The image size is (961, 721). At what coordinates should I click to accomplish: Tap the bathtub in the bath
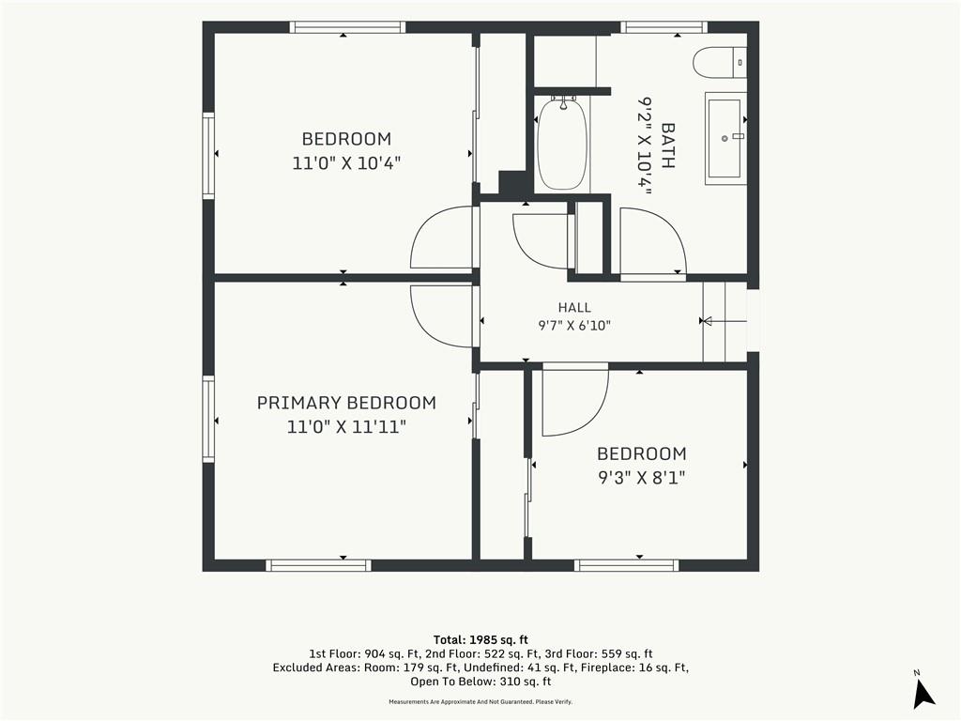click(x=561, y=145)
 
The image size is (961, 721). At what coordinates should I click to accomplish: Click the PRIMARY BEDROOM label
click(x=346, y=403)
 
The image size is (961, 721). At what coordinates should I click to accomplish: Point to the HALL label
click(x=574, y=308)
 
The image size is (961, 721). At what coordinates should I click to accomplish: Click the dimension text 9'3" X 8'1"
click(x=642, y=477)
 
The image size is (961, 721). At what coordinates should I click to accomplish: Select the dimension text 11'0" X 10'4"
click(x=346, y=163)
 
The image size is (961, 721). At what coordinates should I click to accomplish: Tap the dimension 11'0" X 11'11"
click(x=346, y=427)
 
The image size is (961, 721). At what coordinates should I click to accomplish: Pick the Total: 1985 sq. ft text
click(x=480, y=640)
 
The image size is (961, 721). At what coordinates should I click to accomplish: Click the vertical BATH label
click(x=667, y=146)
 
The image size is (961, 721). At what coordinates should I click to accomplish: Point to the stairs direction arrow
click(x=724, y=321)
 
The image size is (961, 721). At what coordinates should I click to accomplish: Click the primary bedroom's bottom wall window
click(x=319, y=565)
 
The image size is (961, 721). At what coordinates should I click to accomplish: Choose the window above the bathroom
click(x=664, y=27)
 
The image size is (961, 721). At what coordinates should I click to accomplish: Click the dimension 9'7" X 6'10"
click(x=574, y=326)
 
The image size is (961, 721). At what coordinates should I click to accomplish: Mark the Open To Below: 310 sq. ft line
click(x=480, y=682)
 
